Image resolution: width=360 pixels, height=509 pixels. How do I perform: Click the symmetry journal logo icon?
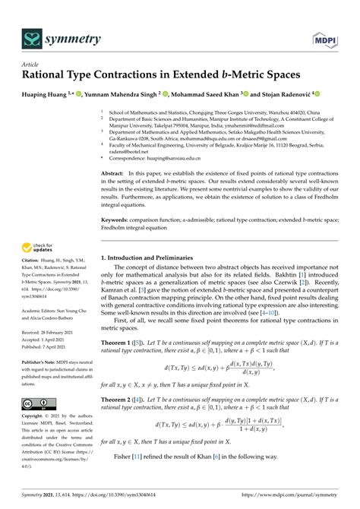point(32,36)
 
